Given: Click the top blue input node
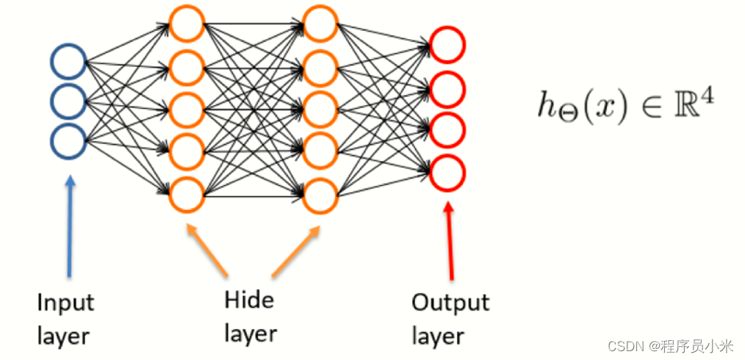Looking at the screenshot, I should point(68,62).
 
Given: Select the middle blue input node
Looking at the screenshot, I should point(68,101).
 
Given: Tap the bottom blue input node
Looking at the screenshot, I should point(68,140).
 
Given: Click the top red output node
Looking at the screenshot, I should point(447,44).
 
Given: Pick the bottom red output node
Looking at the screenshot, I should point(447,173).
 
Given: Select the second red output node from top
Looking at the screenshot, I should point(447,89).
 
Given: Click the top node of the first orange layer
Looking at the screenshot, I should point(186,24).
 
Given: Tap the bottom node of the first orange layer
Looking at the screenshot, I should point(186,193).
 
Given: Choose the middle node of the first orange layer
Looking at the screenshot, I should point(186,109).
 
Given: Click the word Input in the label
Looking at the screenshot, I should point(65,303).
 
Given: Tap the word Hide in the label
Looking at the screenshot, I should point(248,300).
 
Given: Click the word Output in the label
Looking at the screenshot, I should point(450,303).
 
